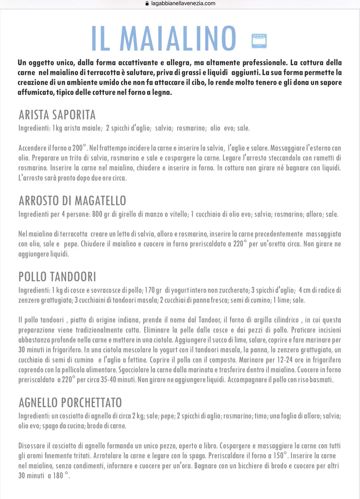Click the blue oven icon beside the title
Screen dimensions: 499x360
259,41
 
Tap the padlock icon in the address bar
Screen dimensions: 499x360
147,4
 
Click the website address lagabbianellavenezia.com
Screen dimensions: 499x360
183,4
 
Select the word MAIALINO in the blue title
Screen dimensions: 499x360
178,38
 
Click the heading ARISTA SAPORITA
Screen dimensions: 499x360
57,115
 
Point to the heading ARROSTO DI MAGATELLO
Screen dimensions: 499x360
72,201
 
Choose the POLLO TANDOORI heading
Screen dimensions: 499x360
57,277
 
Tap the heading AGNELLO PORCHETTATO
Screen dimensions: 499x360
70,403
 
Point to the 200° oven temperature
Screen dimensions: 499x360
79,148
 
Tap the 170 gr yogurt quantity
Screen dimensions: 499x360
153,290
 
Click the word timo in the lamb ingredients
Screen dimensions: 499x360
261,416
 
